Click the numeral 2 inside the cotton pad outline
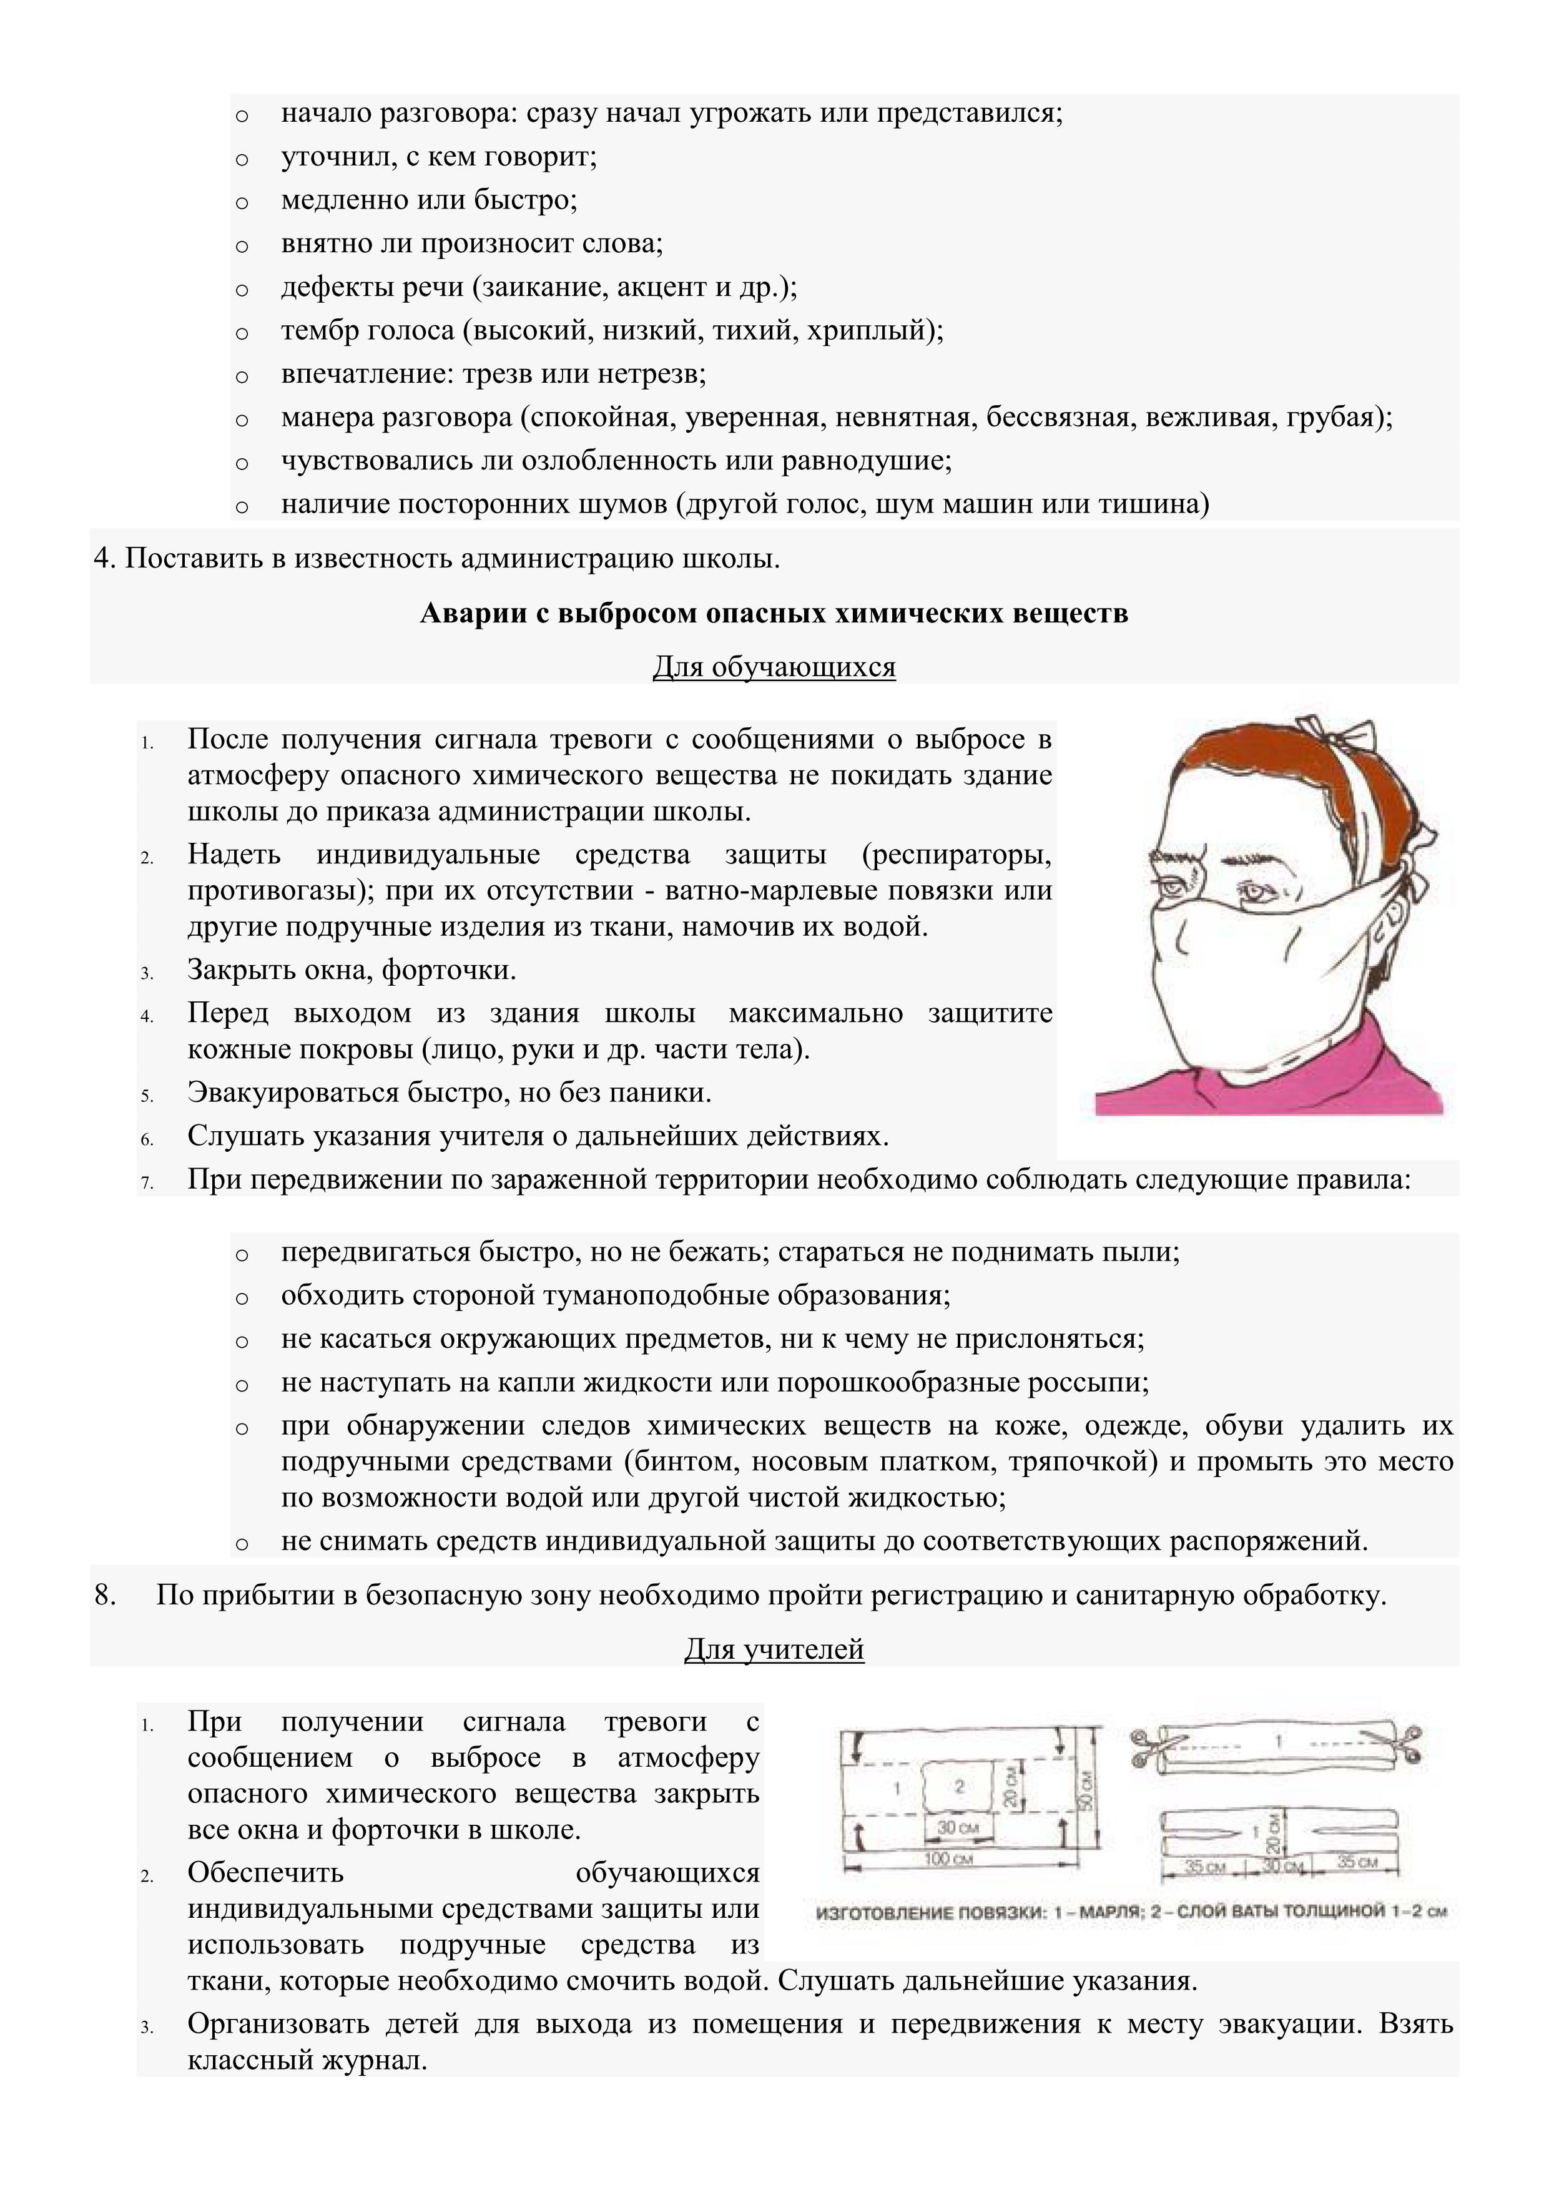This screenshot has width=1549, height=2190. (x=960, y=1785)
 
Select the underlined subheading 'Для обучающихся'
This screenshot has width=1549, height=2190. (x=774, y=667)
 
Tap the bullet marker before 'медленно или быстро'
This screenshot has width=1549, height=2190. (x=242, y=202)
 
